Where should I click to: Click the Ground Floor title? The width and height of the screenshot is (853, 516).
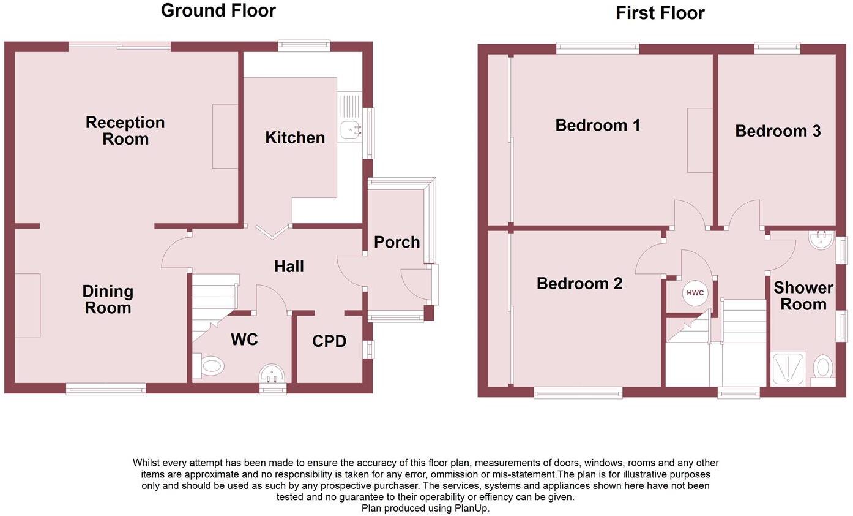click(218, 10)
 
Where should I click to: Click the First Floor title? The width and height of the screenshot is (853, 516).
click(660, 13)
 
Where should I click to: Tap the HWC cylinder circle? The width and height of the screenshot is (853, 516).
click(695, 293)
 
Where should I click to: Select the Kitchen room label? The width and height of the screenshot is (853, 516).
click(295, 138)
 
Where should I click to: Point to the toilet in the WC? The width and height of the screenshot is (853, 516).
click(210, 366)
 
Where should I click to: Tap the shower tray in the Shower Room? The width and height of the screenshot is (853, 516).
click(788, 368)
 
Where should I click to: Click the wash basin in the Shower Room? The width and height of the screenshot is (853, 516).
click(819, 240)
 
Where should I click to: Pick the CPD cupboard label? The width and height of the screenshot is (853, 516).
click(329, 341)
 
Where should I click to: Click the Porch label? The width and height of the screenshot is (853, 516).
click(397, 242)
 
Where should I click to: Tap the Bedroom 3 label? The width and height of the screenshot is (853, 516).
click(777, 131)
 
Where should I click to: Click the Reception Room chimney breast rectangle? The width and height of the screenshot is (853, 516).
click(225, 136)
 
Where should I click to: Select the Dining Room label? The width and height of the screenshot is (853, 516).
click(108, 300)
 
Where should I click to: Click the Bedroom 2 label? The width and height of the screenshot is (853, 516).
click(579, 284)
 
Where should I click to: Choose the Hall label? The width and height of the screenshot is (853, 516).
click(289, 267)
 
